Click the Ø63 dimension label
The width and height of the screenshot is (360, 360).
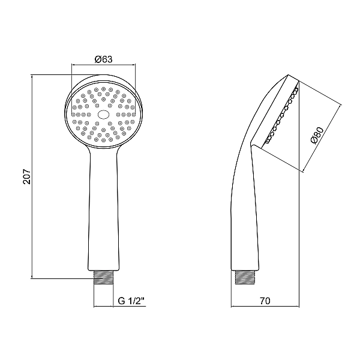[103, 59]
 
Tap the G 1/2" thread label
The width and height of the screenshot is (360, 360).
[131, 301]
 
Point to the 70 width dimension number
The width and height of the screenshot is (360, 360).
[265, 301]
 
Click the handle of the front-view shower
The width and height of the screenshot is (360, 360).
[103, 210]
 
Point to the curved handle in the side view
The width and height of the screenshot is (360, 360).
[243, 204]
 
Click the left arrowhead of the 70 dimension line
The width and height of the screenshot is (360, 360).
[233, 307]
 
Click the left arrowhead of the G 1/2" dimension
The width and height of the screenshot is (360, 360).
[96, 307]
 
